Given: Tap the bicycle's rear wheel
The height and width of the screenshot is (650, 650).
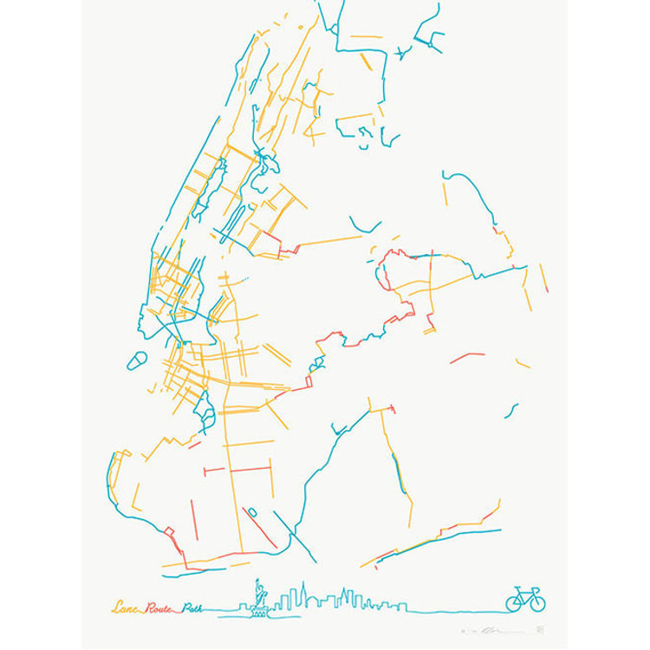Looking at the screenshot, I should click(515, 600).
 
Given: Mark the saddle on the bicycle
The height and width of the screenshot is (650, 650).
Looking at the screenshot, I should click(518, 588).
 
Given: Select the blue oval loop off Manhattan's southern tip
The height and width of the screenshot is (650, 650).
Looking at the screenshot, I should click(137, 359).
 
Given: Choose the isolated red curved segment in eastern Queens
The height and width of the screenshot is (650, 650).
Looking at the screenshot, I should click(468, 356).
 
